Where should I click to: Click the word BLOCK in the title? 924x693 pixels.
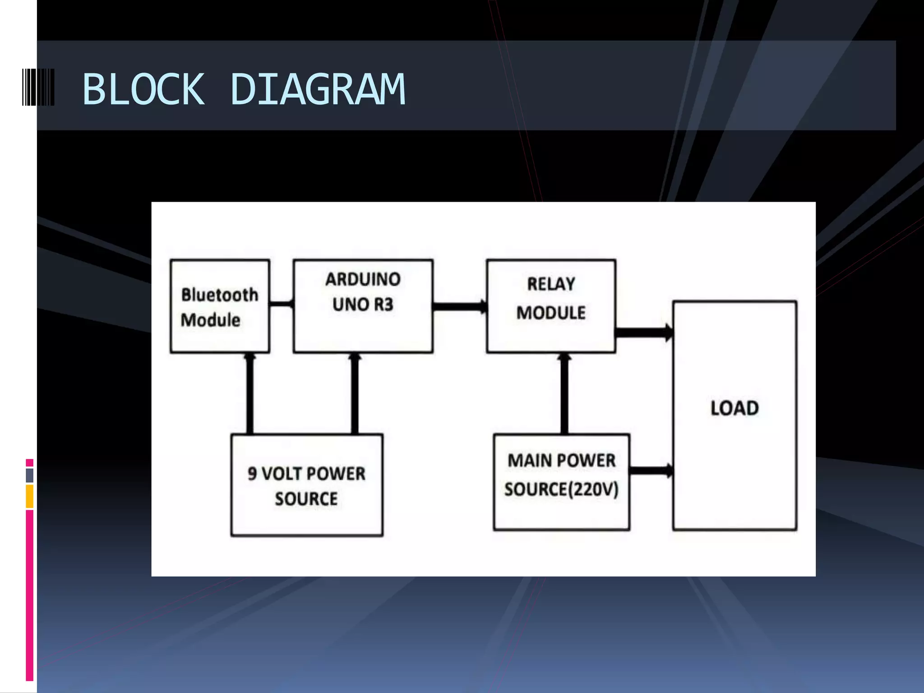click(x=143, y=89)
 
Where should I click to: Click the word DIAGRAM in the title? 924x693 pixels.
click(x=318, y=89)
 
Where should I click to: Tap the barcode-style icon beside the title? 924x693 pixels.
click(x=38, y=87)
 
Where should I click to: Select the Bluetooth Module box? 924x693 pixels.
click(x=220, y=306)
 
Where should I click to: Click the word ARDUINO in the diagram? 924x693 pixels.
click(x=363, y=279)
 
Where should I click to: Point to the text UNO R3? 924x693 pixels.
click(x=363, y=305)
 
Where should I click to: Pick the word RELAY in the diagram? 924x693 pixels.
click(x=551, y=284)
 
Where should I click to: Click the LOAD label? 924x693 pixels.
click(x=735, y=408)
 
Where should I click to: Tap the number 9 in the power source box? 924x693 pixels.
click(x=252, y=473)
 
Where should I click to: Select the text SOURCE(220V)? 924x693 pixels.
click(x=561, y=489)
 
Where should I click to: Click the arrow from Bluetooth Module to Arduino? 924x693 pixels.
click(x=282, y=304)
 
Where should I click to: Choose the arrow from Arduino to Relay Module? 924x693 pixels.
click(x=460, y=307)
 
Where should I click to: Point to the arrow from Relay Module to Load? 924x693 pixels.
click(x=644, y=333)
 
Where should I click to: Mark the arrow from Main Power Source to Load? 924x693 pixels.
click(x=651, y=471)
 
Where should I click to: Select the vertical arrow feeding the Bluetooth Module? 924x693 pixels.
click(x=249, y=393)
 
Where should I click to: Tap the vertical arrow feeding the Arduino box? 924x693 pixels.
click(x=355, y=393)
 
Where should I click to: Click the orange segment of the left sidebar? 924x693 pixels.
click(x=30, y=496)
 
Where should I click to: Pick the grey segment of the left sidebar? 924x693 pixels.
click(x=30, y=475)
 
